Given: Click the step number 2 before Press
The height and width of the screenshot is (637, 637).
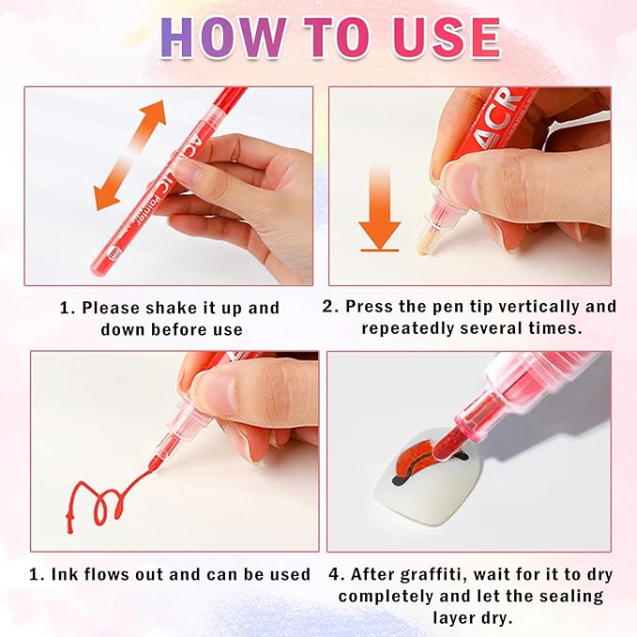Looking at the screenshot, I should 327,307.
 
